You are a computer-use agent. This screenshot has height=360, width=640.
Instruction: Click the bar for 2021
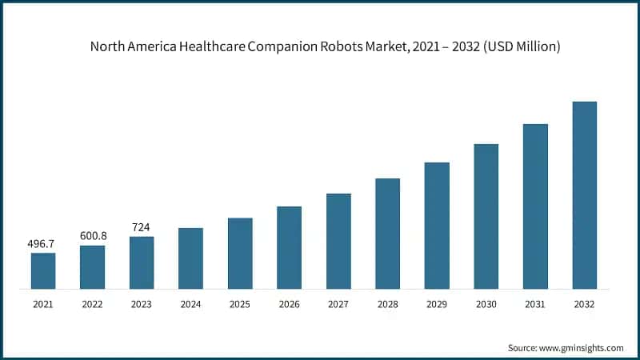point(43,270)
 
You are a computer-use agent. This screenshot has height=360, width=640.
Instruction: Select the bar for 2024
point(190,258)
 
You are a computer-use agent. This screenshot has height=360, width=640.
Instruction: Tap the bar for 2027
point(338,241)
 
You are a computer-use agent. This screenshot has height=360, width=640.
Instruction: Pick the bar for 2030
point(486,216)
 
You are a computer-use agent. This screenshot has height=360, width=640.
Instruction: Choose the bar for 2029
point(437,225)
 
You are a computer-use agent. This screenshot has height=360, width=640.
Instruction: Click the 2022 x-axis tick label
point(93,305)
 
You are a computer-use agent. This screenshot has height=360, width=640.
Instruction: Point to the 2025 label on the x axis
point(240,305)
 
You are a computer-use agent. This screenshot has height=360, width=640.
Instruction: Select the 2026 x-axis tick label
point(289,305)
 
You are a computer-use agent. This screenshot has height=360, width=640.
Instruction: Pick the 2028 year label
point(387,305)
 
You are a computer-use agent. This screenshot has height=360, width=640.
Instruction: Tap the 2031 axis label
point(535,305)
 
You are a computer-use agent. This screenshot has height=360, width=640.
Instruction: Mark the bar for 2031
point(535,206)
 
